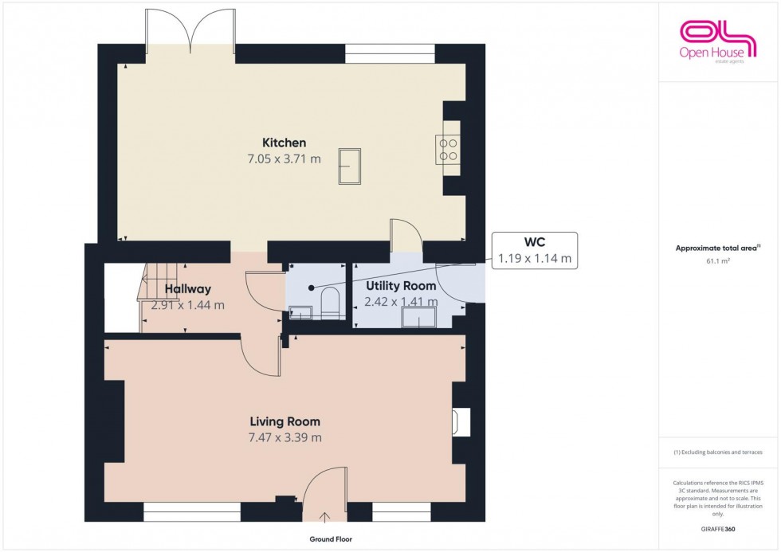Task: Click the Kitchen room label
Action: pos(284,143)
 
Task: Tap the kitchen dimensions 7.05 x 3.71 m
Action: pos(284,159)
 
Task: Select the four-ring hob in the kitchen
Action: pos(447,148)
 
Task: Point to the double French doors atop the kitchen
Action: pos(190,32)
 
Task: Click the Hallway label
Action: pos(188,288)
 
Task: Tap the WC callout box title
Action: pos(534,242)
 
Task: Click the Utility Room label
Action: pos(401,285)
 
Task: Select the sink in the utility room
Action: pos(419,318)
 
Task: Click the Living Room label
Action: pos(285,421)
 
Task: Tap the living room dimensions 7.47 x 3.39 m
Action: pos(285,437)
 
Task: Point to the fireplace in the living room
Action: pos(461,421)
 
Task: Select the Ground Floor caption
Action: pos(330,539)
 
